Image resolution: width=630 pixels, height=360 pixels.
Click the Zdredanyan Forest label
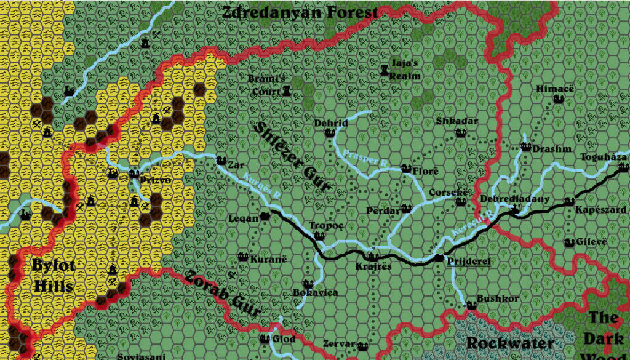[x=300, y=12]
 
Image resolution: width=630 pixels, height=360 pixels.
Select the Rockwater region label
[x=510, y=343]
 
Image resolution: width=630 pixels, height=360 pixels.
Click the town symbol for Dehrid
[x=329, y=133]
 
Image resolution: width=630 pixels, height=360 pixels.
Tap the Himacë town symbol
[x=559, y=98]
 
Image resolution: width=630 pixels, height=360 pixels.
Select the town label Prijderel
[x=468, y=262]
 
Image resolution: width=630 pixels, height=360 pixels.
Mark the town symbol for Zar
[x=221, y=160]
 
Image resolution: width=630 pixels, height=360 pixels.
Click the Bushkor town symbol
[x=471, y=305]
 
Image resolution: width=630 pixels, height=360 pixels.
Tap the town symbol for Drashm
[x=526, y=146]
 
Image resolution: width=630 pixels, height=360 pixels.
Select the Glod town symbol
[x=265, y=338]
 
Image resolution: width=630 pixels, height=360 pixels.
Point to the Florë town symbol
[x=406, y=168]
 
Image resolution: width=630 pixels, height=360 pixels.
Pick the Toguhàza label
[x=604, y=158]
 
